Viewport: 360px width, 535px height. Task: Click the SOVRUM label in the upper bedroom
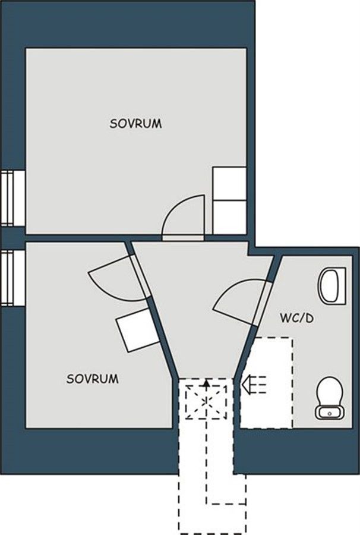pyautogui.click(x=135, y=124)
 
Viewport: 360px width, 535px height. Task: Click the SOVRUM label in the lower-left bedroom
pyautogui.click(x=93, y=379)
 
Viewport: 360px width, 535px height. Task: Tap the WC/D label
pyautogui.click(x=297, y=319)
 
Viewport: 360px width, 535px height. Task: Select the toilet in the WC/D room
pyautogui.click(x=330, y=398)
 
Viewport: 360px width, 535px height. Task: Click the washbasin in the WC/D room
pyautogui.click(x=332, y=285)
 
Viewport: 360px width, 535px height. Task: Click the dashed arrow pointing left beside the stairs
pyautogui.click(x=254, y=384)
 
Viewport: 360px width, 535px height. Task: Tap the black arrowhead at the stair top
pyautogui.click(x=206, y=383)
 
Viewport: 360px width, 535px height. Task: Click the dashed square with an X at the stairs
pyautogui.click(x=206, y=402)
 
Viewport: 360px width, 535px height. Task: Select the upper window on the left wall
pyautogui.click(x=12, y=198)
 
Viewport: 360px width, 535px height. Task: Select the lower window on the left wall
pyautogui.click(x=12, y=278)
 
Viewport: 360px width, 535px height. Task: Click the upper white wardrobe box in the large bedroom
pyautogui.click(x=229, y=183)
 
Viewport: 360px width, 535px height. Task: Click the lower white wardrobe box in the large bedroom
pyautogui.click(x=229, y=218)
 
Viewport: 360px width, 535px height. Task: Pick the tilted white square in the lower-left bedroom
pyautogui.click(x=138, y=329)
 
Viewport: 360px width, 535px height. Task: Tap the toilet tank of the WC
pyautogui.click(x=330, y=412)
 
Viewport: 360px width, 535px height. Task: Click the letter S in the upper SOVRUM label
pyautogui.click(x=113, y=124)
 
